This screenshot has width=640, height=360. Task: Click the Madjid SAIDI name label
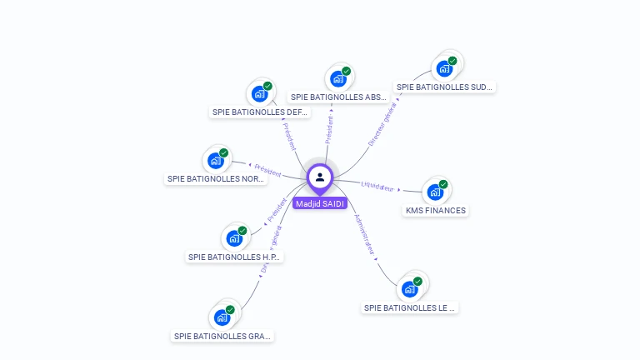[x=320, y=203]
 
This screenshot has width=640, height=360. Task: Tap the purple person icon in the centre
[x=320, y=177]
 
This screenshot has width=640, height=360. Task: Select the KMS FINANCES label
[x=435, y=211]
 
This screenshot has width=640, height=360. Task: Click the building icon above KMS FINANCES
[x=434, y=192]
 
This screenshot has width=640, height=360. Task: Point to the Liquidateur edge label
[x=377, y=185]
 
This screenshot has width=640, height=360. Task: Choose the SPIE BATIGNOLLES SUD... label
[x=444, y=87]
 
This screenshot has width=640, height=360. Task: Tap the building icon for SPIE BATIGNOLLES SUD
[x=444, y=69]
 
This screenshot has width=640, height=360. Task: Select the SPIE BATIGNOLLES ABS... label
[x=338, y=97]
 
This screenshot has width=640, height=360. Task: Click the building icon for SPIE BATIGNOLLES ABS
[x=337, y=79]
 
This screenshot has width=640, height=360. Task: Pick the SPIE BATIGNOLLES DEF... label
[x=260, y=112]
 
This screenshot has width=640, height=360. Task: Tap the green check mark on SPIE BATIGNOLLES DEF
[x=267, y=86]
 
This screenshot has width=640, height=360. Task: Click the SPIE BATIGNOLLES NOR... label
[x=215, y=178]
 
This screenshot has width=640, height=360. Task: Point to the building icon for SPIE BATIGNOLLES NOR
[x=215, y=161]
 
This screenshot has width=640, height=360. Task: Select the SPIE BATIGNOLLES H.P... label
[x=235, y=257]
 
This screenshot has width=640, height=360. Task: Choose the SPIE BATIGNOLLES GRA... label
[x=222, y=337]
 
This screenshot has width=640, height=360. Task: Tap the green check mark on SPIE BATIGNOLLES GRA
[x=230, y=310]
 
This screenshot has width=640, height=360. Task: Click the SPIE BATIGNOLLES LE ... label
[x=410, y=307]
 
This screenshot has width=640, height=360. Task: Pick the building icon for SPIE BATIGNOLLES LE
[x=409, y=289]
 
